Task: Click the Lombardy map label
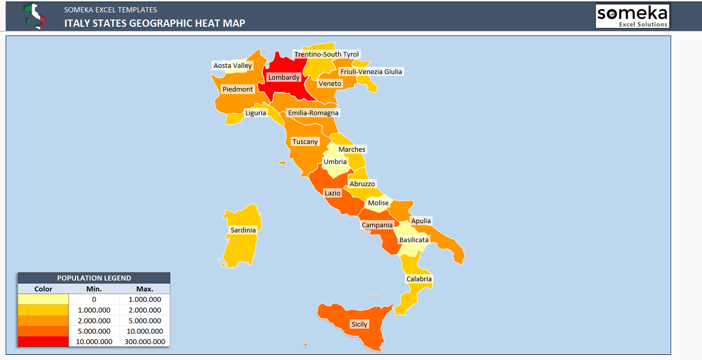coord(284,78)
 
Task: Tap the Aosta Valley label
coord(233,66)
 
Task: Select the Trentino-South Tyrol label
coord(327,55)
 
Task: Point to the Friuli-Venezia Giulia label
coord(371,71)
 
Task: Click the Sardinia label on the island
coord(243,230)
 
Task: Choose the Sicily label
coord(359,325)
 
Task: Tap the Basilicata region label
coord(414,240)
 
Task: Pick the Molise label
coord(379,203)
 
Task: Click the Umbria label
coord(335,162)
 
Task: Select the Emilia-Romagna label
coord(313,113)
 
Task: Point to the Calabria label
coord(419,279)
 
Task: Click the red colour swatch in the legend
coord(43,341)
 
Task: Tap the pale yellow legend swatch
coord(43,299)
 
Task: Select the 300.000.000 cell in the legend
coord(145,341)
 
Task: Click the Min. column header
coord(94,289)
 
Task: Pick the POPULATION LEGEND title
coord(94,278)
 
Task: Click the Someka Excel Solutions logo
coord(632,16)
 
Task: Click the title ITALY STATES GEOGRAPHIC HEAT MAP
coord(154,23)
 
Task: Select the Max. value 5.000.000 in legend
coord(145,320)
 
